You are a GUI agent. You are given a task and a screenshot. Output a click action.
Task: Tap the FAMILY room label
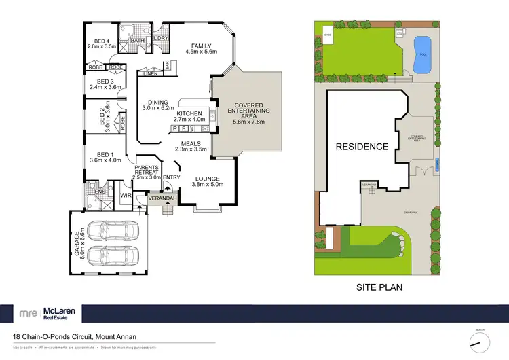(x=202, y=46)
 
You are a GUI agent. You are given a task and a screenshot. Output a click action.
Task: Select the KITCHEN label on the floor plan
(x=189, y=113)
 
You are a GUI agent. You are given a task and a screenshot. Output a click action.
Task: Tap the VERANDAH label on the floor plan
(x=163, y=198)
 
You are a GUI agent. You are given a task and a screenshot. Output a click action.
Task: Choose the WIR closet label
(x=125, y=196)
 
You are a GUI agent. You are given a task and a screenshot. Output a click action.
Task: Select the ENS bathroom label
(x=99, y=192)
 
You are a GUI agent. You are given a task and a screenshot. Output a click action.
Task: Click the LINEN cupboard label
(x=151, y=74)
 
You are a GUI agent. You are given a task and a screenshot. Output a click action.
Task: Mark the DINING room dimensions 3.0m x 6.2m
(x=158, y=108)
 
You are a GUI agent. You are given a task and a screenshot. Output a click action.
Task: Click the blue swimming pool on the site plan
(x=421, y=54)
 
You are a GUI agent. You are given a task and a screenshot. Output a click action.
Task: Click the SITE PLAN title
(x=379, y=287)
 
